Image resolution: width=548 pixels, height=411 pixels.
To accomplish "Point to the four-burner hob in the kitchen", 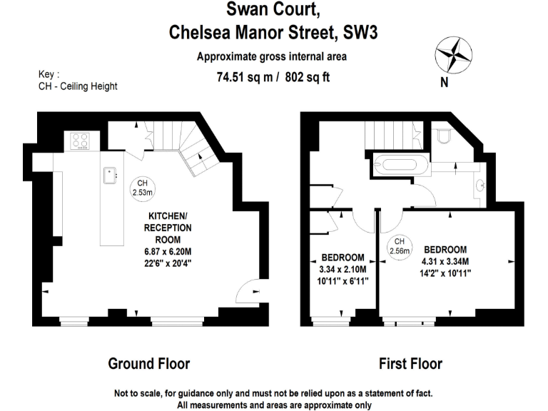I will click(x=79, y=141).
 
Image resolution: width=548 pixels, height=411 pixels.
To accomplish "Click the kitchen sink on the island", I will click(x=111, y=173).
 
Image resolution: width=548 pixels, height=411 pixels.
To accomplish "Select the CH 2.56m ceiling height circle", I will click(x=400, y=245).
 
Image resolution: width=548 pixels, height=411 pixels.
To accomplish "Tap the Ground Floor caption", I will click(x=148, y=364).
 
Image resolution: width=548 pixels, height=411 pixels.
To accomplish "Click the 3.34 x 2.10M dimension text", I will click(x=342, y=269).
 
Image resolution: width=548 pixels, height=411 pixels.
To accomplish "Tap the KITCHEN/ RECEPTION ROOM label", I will click(x=168, y=228).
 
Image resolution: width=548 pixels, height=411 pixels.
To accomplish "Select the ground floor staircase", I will click(x=182, y=142).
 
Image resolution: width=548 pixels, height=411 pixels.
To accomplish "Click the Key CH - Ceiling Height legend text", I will click(x=77, y=81).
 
